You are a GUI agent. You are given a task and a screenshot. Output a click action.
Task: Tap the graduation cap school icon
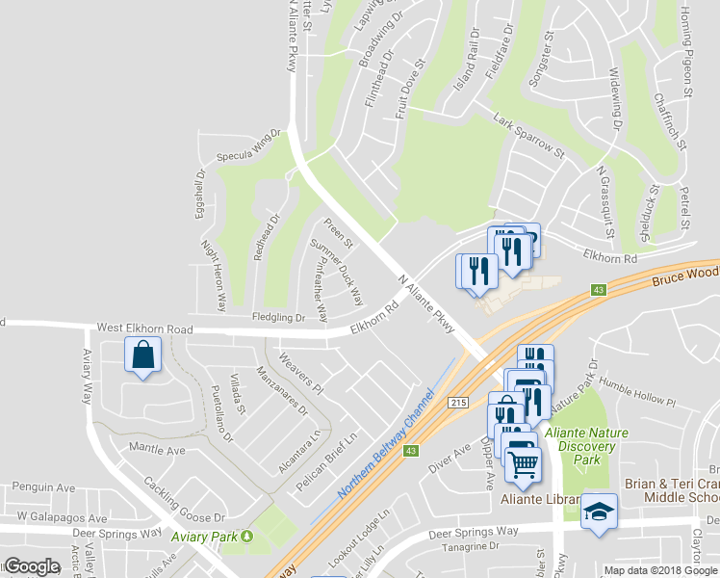click(x=599, y=510)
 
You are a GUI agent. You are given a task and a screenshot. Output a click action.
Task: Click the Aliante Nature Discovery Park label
click(x=585, y=446)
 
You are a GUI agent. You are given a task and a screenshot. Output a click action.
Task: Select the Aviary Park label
click(x=203, y=536)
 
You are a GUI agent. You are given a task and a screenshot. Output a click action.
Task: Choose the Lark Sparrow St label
click(x=527, y=137)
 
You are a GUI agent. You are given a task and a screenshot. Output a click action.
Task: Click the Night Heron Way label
click(x=213, y=274)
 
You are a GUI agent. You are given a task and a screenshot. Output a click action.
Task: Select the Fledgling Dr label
click(x=279, y=317)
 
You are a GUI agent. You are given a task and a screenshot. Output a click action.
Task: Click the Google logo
click(x=32, y=566)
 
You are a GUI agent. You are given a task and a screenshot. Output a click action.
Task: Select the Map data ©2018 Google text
click(x=660, y=570)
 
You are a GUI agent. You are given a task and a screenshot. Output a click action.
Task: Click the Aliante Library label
click(x=540, y=500)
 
